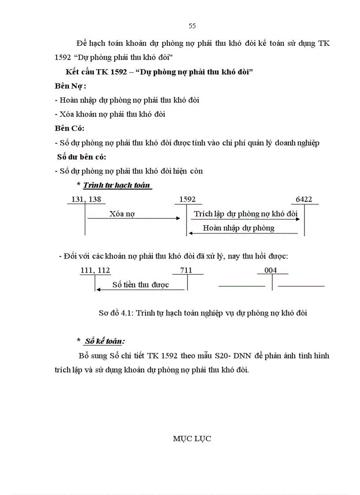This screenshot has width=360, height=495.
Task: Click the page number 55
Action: pyautogui.click(x=192, y=26)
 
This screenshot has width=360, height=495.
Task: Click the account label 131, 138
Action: pyautogui.click(x=86, y=199)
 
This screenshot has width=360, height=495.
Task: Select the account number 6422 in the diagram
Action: pyautogui.click(x=304, y=199)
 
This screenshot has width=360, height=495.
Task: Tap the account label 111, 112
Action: pyautogui.click(x=95, y=270)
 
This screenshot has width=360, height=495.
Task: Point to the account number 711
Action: pyautogui.click(x=187, y=270)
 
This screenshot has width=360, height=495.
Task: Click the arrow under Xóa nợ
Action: pyautogui.click(x=134, y=218)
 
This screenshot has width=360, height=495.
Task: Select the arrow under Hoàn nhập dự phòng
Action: pyautogui.click(x=243, y=233)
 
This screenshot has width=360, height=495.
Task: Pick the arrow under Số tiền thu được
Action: pyautogui.click(x=140, y=290)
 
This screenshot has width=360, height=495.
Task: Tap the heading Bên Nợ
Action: pyautogui.click(x=70, y=86)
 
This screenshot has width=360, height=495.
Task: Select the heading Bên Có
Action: pyautogui.click(x=70, y=128)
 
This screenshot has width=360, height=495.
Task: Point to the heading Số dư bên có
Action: pyautogui.click(x=82, y=156)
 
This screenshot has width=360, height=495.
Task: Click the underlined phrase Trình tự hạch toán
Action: pyautogui.click(x=117, y=185)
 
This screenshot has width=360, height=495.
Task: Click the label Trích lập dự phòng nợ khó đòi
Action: pyautogui.click(x=246, y=214)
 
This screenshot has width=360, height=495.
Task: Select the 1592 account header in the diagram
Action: pyautogui.click(x=187, y=199)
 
